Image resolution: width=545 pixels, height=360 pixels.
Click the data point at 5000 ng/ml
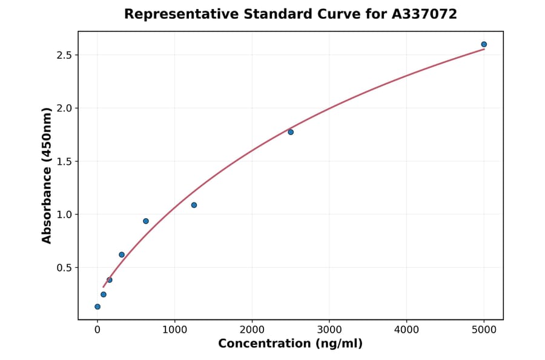pos(484,44)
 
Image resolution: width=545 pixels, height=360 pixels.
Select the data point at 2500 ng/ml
pos(291,132)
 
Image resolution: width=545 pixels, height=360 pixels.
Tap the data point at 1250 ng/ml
pos(194,205)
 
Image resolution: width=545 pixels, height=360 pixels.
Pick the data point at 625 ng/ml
pos(146,221)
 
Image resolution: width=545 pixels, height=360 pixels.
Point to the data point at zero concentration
pos(97,307)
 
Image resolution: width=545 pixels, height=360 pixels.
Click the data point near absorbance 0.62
pos(122,255)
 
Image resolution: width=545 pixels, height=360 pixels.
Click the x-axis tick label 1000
pos(174,330)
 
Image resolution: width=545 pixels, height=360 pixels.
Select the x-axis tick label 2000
pos(252,330)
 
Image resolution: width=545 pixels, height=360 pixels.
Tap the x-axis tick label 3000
pos(329,330)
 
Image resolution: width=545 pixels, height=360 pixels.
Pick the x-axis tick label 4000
pos(406,330)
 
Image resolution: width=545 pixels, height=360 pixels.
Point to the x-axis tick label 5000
pos(484,330)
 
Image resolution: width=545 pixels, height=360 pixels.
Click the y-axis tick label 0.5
pos(65,268)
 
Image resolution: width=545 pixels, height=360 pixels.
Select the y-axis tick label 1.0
pos(65,215)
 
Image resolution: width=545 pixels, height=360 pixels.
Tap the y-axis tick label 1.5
pos(65,162)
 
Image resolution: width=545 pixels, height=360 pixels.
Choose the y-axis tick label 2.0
pos(65,108)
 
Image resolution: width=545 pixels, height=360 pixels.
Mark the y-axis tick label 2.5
pos(65,56)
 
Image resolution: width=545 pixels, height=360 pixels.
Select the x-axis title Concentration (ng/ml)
pos(290,344)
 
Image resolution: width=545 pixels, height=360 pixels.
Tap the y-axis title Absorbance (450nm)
pos(47,176)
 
